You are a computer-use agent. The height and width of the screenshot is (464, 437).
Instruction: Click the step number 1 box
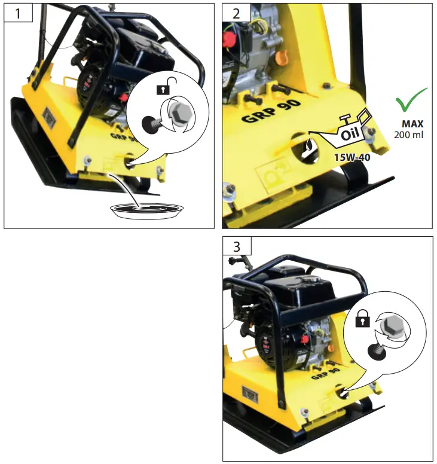18,13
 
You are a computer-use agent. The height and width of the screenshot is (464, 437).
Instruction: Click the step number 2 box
237,13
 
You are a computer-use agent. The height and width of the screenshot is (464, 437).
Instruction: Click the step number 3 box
237,246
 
